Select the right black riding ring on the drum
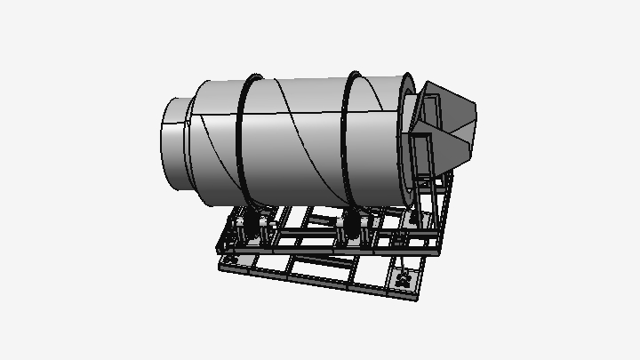coord(348,133)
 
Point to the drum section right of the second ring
coord(378,133)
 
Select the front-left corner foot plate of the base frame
coord(226,263)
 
